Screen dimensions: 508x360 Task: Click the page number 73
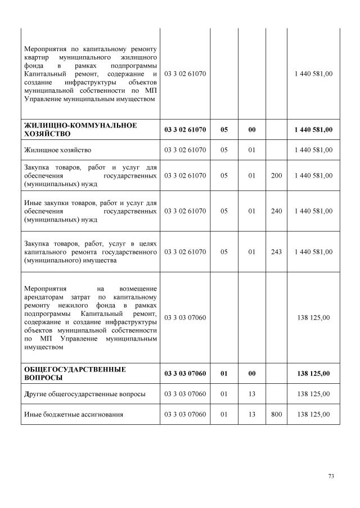click(331, 476)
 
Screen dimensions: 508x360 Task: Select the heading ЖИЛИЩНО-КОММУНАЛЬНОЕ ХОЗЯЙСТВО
click(80, 129)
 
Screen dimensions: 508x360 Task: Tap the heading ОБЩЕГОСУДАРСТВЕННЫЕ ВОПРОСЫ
click(75, 373)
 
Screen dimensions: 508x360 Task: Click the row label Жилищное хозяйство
click(58, 150)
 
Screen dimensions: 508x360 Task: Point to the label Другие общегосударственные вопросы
click(85, 394)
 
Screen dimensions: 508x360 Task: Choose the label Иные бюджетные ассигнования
click(74, 415)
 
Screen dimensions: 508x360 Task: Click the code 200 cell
click(276, 175)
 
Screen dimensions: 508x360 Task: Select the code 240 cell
click(276, 211)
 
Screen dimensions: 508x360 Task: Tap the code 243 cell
click(276, 252)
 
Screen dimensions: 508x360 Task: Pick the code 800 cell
click(276, 415)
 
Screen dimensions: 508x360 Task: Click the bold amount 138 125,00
click(313, 373)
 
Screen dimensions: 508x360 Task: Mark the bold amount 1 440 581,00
click(313, 130)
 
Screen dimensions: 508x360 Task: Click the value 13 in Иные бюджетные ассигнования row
click(252, 415)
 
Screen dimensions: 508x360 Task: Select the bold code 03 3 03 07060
click(185, 373)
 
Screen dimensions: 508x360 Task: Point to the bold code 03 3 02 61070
click(185, 130)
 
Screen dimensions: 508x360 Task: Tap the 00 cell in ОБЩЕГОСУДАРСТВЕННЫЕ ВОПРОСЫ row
click(252, 373)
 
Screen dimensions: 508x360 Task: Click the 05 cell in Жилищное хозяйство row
click(224, 150)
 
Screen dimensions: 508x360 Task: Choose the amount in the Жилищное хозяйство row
click(313, 150)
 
